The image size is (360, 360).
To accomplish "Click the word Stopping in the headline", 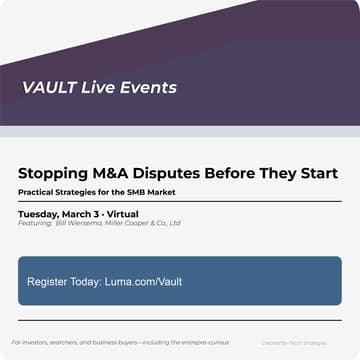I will point(53,173).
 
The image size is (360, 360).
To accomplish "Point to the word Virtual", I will point(123,214).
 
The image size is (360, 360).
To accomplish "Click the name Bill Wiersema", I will point(79,223).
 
